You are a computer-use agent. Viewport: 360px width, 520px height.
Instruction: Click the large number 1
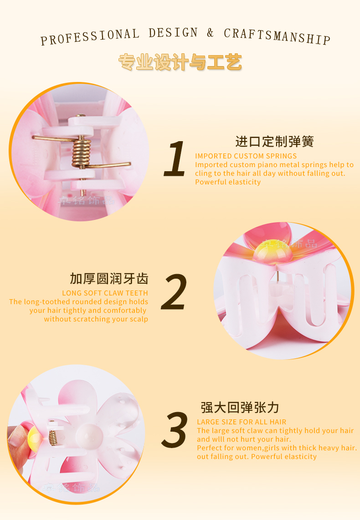pyautogui.click(x=175, y=158)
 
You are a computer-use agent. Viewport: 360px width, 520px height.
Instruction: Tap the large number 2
pyautogui.click(x=174, y=292)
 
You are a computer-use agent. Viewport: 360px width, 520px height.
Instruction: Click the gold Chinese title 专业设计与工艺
pyautogui.click(x=180, y=62)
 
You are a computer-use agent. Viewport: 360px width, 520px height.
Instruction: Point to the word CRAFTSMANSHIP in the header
pyautogui.click(x=277, y=36)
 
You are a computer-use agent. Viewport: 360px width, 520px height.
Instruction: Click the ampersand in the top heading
pyautogui.click(x=210, y=33)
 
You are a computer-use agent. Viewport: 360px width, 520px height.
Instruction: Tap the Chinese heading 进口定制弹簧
pyautogui.click(x=274, y=142)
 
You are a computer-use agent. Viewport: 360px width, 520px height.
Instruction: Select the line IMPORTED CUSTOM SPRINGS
pyautogui.click(x=246, y=156)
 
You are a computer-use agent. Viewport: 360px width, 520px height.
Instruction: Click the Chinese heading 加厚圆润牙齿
pyautogui.click(x=109, y=279)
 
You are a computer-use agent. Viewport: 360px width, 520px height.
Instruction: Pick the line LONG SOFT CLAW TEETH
pyautogui.click(x=105, y=293)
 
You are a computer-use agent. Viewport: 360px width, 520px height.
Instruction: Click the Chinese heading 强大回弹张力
pyautogui.click(x=240, y=408)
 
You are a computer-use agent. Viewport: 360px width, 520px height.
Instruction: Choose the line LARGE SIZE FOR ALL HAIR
pyautogui.click(x=242, y=422)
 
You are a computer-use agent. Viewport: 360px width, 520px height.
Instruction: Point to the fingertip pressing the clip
pyautogui.click(x=16, y=437)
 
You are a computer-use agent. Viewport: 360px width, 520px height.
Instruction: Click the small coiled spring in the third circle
pyautogui.click(x=53, y=438)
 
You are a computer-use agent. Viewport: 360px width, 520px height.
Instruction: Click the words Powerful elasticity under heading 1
pyautogui.click(x=228, y=182)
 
